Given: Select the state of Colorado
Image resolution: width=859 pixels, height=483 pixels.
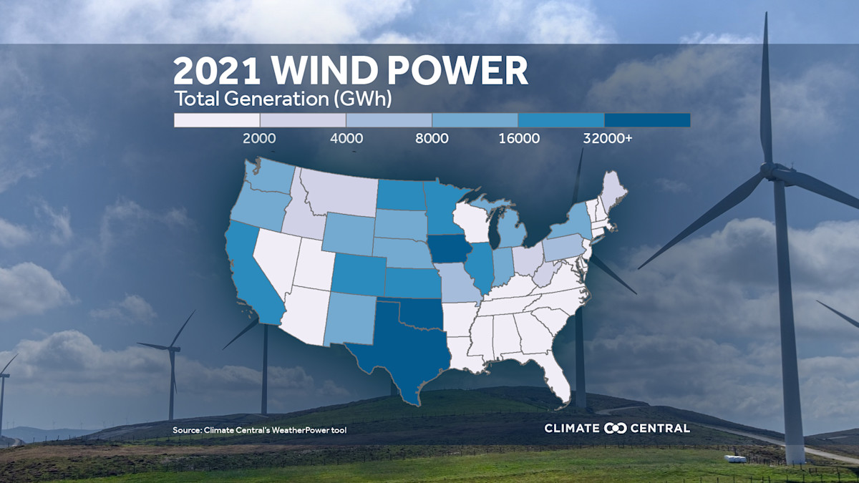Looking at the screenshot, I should pyautogui.click(x=357, y=272).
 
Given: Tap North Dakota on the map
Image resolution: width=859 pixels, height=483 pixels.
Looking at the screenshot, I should pyautogui.click(x=400, y=194).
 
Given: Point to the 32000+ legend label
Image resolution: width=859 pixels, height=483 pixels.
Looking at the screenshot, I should pyautogui.click(x=608, y=139).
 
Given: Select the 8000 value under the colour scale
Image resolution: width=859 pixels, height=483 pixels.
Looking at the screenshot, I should pyautogui.click(x=432, y=139).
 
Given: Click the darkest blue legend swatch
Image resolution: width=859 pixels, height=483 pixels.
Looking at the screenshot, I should pyautogui.click(x=647, y=120).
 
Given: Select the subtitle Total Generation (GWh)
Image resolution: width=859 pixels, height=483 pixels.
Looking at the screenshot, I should pyautogui.click(x=283, y=99).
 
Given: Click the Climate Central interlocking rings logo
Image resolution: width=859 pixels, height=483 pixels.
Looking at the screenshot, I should pyautogui.click(x=616, y=428).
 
